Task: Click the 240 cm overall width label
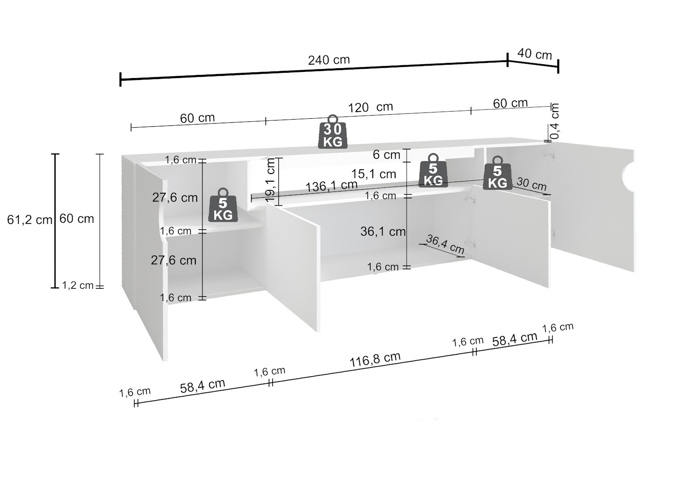(x=329, y=60)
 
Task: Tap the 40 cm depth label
(x=534, y=54)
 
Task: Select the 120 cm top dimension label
(x=370, y=107)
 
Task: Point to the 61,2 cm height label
(x=29, y=220)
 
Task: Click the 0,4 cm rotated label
(x=555, y=120)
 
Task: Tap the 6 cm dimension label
(x=386, y=155)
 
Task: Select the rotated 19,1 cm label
(x=271, y=179)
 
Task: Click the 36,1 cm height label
(x=383, y=231)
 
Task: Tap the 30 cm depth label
(x=531, y=184)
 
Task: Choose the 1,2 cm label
(x=78, y=285)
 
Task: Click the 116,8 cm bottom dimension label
(x=375, y=359)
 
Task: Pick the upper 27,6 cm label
(x=175, y=197)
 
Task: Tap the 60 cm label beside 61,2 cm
(x=77, y=219)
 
